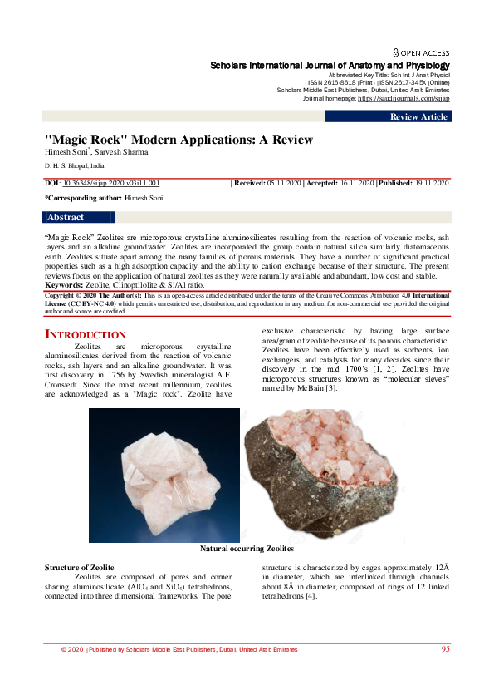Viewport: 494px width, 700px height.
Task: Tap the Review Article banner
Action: (x=418, y=117)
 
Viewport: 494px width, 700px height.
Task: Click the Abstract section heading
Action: (x=66, y=218)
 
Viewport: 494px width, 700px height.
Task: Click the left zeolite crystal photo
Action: (x=164, y=476)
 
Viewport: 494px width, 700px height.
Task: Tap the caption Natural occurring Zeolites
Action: (x=247, y=549)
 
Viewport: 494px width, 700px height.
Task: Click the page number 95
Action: (x=446, y=648)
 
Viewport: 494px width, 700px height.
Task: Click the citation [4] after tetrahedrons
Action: (x=311, y=595)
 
